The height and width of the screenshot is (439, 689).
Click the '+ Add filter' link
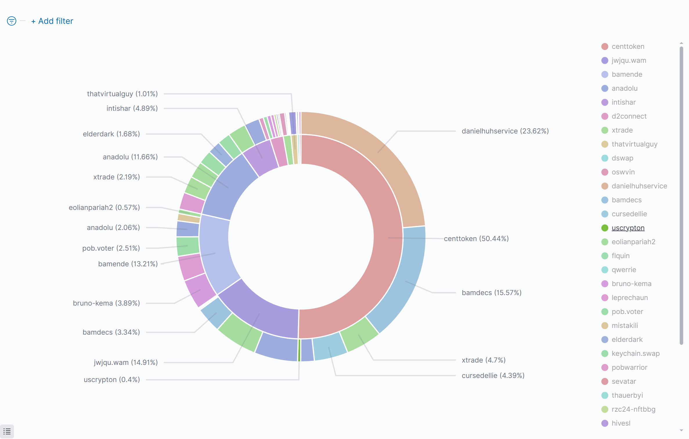tap(52, 21)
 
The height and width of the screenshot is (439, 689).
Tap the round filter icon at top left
tap(12, 21)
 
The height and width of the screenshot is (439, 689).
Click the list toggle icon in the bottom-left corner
tap(7, 431)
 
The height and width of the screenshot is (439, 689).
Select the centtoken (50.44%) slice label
tap(476, 239)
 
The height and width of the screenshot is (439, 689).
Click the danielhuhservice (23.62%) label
tap(505, 131)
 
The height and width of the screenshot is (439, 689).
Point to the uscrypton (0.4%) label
tap(112, 380)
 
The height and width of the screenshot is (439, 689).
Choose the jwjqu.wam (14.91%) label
tap(126, 363)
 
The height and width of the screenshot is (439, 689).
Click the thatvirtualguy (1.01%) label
tap(122, 94)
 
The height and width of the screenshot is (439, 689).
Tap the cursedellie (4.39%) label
tap(493, 376)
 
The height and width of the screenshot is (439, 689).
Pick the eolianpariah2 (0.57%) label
tap(104, 208)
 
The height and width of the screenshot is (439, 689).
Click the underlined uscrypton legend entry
tap(628, 228)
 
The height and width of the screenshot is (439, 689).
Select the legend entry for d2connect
tap(629, 116)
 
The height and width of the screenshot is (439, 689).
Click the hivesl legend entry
tap(621, 423)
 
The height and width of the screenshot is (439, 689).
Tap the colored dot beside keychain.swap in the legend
tap(605, 354)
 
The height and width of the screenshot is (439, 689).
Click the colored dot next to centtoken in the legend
tap(605, 47)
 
